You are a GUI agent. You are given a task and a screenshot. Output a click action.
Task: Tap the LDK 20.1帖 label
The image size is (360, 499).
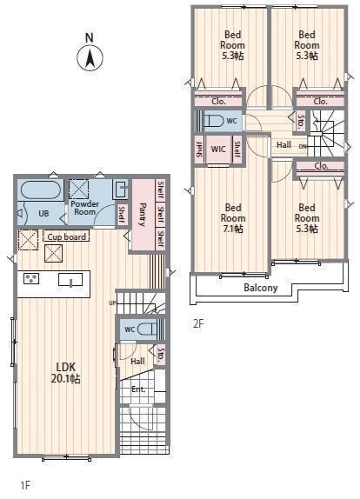point(66,373)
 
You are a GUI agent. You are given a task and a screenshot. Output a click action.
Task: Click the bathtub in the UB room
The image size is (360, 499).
point(41,190)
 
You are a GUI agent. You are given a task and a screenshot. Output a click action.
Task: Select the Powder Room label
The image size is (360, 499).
point(84,208)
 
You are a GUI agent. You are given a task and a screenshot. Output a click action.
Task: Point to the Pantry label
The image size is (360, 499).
point(143,215)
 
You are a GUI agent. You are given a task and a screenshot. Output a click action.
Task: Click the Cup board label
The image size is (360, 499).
point(67,236)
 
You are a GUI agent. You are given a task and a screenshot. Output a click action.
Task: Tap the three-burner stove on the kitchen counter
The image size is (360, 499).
point(31,278)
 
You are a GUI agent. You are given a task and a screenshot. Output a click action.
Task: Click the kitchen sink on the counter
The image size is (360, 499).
point(70,280)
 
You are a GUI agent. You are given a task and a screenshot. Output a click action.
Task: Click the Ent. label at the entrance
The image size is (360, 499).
point(138,389)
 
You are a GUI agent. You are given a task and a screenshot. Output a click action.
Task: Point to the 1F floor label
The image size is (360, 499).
point(25,485)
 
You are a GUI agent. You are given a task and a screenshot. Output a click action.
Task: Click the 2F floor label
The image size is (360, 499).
point(197,323)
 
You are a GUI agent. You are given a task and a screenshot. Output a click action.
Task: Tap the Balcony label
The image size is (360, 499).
point(261,288)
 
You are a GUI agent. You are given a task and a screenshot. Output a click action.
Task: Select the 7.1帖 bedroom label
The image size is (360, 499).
point(233,218)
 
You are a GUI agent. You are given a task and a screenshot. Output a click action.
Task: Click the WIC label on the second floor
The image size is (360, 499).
point(218,149)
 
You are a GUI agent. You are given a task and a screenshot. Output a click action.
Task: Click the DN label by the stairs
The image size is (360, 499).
point(303,146)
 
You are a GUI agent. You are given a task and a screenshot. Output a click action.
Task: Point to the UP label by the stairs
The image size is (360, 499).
point(112,303)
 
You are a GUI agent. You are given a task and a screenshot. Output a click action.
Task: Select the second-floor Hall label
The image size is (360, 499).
point(283,145)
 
